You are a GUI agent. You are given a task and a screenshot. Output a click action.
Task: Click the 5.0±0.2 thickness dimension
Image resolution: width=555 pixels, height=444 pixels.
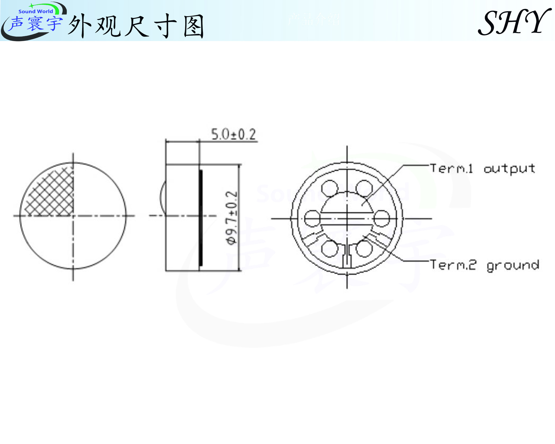coord(233,135)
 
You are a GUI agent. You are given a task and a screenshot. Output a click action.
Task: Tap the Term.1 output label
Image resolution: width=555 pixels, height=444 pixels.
coord(482,168)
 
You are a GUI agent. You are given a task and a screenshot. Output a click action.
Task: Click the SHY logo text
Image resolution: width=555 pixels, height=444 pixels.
coord(514,22)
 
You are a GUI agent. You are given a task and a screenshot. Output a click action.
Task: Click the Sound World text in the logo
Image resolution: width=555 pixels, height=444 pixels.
coord(36,12)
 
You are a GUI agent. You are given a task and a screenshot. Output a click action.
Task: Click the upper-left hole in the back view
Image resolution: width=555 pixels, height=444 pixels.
coord(330,188)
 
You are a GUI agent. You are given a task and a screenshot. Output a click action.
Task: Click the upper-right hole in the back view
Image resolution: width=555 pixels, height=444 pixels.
coord(364,188)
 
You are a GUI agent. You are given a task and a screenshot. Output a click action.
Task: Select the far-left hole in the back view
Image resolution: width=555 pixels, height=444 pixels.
coord(312,218)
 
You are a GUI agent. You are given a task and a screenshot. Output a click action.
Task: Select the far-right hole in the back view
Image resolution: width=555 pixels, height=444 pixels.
coord(382,218)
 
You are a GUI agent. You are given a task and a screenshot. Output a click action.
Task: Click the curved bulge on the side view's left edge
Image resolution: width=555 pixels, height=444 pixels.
coord(162,197)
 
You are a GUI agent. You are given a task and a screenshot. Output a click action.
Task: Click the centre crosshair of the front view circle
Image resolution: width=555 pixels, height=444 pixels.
coord(73,216)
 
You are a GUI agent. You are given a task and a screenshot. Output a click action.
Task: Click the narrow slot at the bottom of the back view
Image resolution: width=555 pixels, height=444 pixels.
coord(347,257)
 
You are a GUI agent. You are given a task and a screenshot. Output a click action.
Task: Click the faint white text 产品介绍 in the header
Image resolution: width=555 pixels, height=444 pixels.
coord(314,19)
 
